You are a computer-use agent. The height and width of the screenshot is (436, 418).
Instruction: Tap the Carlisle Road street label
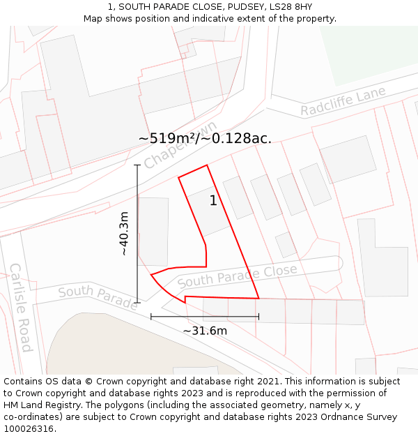[20, 307]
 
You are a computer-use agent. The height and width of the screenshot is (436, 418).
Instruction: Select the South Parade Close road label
[237, 276]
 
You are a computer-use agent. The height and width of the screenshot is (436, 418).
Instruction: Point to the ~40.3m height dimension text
[124, 233]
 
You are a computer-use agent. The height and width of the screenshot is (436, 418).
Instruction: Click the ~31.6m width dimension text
[205, 331]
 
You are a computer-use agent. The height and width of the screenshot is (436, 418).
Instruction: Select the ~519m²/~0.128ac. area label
[205, 138]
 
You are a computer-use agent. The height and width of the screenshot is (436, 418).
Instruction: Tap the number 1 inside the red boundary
[213, 201]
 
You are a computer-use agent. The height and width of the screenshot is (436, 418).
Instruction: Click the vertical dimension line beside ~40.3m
[138, 233]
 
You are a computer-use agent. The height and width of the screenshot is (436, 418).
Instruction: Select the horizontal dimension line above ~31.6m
[205, 317]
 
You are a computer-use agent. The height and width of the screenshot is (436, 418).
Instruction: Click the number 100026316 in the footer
[27, 429]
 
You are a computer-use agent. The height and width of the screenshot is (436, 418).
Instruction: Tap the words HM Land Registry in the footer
[39, 405]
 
